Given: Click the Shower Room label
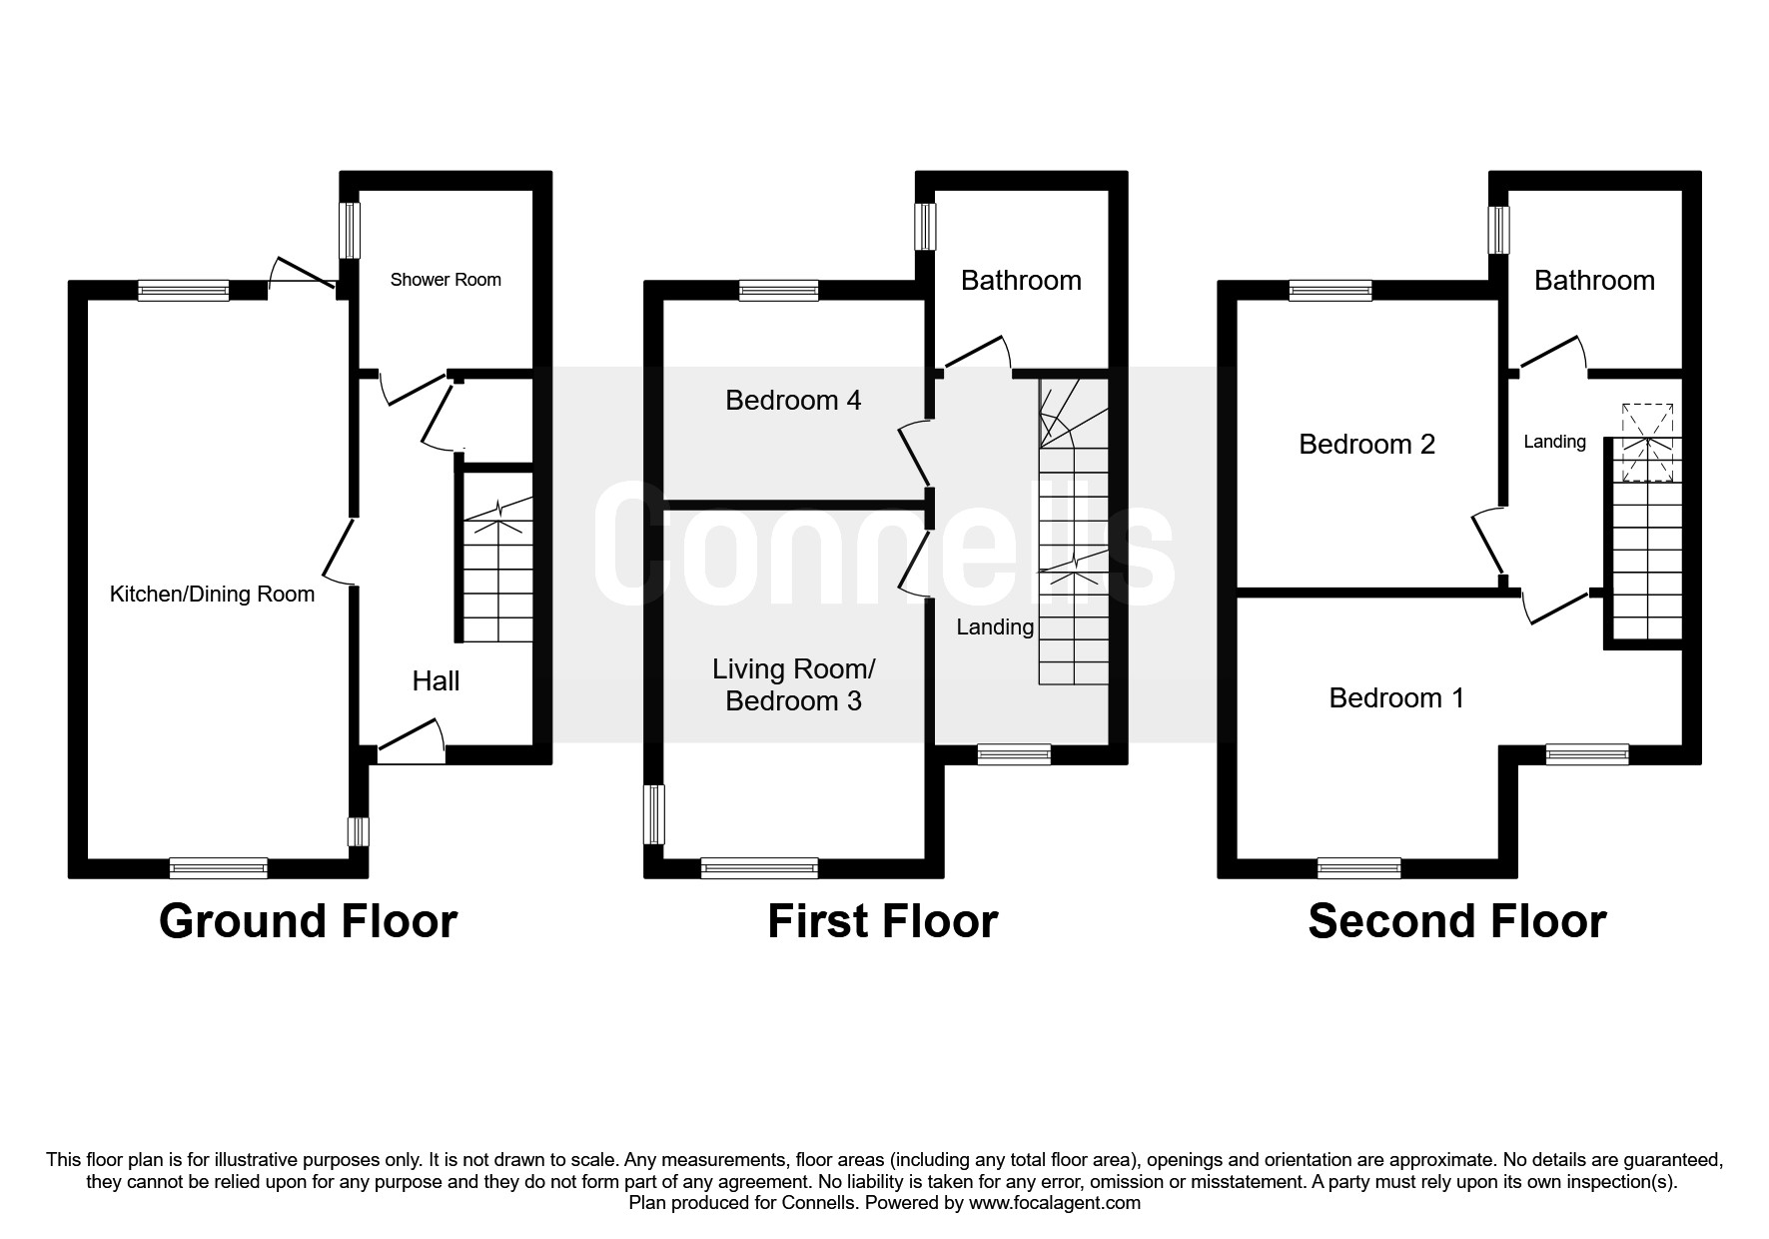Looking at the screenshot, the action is pos(445,280).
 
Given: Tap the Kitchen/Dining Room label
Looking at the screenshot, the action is pos(212,595).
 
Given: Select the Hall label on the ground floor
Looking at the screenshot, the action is pos(437,681).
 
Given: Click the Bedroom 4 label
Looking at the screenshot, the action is pos(793,401).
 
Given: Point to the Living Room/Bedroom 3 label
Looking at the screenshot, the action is pos(794,685).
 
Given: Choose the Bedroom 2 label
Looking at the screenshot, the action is pos(1366,444).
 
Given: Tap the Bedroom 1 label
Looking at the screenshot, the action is pos(1396,697).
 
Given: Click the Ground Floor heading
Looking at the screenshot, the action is pos(308,921).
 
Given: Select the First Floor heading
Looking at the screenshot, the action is pos(883,921).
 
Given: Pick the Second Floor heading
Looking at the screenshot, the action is pos(1457,921).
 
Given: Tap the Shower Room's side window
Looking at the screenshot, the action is pos(350,231).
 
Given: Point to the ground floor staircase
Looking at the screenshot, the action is pos(496,571).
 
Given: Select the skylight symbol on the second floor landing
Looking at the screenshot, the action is pos(1647,442).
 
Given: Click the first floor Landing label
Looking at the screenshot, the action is pos(995,627).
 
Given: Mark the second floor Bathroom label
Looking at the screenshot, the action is pos(1594,281).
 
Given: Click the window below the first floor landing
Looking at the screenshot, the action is pos(1014,755).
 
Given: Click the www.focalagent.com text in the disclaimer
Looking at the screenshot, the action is pos(1055,1203).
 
